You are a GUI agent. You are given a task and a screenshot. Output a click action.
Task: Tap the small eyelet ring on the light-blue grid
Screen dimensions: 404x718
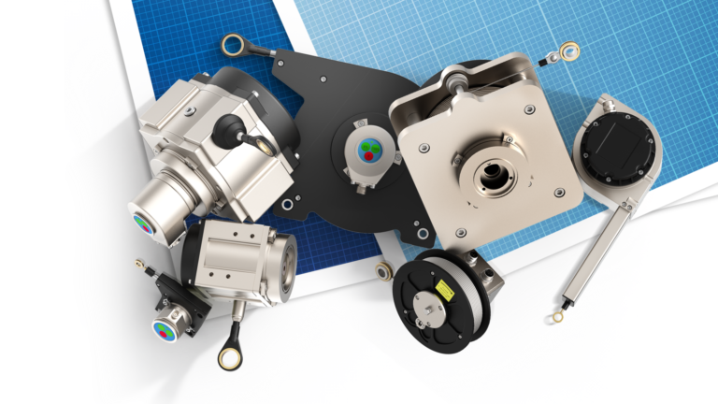coord(568,50)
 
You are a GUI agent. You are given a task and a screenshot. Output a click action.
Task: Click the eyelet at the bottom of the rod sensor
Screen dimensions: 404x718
coord(557,316)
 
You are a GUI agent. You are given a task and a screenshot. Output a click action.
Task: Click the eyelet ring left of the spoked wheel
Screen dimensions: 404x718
coord(383,271)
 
